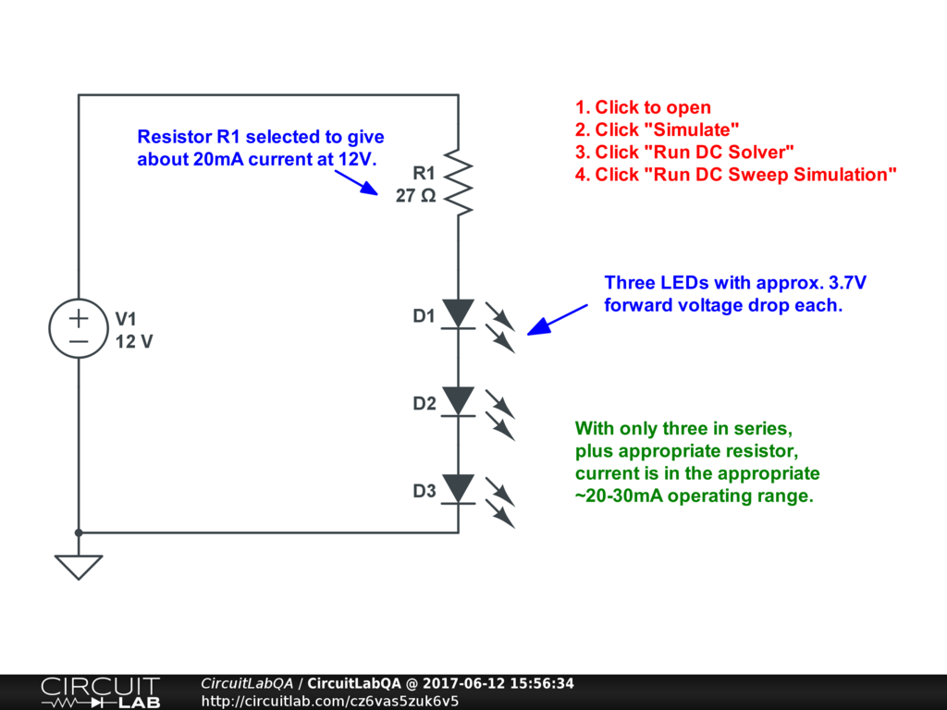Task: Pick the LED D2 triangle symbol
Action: [x=459, y=401]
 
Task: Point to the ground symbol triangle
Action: [x=79, y=566]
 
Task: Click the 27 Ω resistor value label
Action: [x=415, y=196]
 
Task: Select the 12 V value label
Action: [x=134, y=341]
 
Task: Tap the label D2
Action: [x=424, y=404]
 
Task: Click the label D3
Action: [x=424, y=491]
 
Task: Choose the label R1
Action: [x=424, y=173]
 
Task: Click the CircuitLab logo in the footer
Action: [x=100, y=692]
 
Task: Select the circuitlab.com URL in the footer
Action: [x=330, y=701]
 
